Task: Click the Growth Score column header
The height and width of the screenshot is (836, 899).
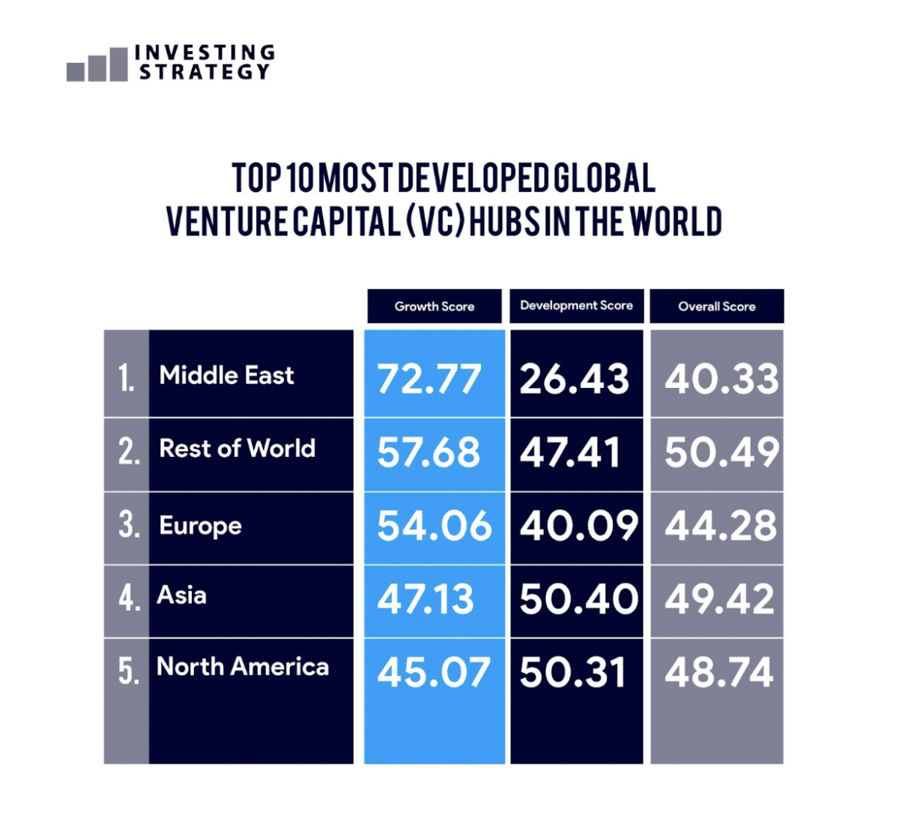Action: coord(435,306)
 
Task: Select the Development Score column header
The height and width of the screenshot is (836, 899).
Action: coord(576,306)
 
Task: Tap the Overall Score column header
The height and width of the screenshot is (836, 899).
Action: coord(717,306)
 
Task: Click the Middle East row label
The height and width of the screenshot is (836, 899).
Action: coord(226,375)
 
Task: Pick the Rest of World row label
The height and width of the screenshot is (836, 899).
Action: coord(237,449)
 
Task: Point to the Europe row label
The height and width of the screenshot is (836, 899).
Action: coord(200,526)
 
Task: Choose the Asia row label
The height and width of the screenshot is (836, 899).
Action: coord(182,596)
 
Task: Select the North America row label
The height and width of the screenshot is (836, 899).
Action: coord(243,667)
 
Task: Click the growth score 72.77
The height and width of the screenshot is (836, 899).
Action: coord(429,378)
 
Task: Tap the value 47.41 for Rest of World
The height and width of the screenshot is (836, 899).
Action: coord(571,452)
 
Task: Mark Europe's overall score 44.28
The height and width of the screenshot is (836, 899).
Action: coord(721,526)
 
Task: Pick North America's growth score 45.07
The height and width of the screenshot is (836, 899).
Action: coord(434,672)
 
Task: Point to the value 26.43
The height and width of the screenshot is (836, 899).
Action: coord(575,378)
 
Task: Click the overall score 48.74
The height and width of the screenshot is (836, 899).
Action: coord(719,672)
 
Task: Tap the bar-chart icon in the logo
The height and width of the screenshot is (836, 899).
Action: coord(97,65)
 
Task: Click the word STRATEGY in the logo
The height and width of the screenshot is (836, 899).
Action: coord(205,72)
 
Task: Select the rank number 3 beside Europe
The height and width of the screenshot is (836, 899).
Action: coord(128,525)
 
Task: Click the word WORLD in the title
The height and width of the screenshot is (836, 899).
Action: coord(676,222)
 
